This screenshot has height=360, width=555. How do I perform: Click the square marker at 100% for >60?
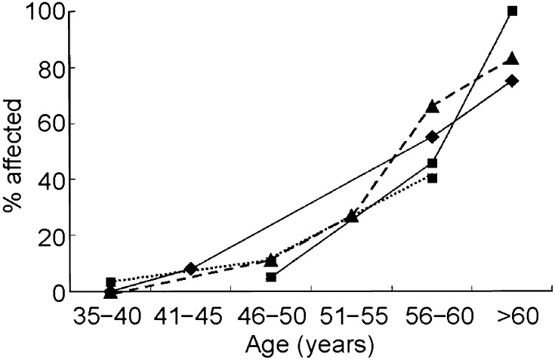pos(513,11)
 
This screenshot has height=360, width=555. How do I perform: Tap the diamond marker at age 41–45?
pos(191,269)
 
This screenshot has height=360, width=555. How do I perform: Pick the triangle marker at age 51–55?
pos(352,217)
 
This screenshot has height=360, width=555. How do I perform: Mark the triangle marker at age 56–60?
pos(432,106)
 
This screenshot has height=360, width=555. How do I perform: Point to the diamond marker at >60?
pos(513,81)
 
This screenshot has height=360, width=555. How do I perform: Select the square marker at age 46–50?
pos(271,277)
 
